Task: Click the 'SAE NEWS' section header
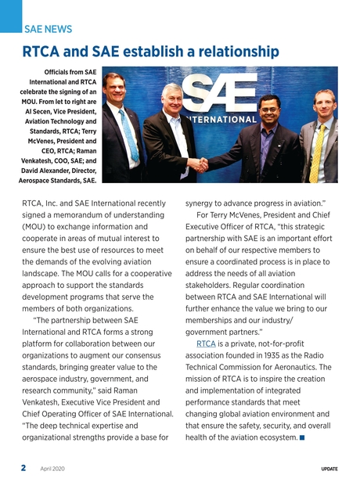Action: pos(49,29)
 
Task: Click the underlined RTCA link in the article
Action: pos(206,344)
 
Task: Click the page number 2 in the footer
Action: pos(23,467)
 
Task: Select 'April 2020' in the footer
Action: pos(53,468)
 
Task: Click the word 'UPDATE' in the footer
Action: pos(329,468)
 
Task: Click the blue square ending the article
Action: pos(302,437)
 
